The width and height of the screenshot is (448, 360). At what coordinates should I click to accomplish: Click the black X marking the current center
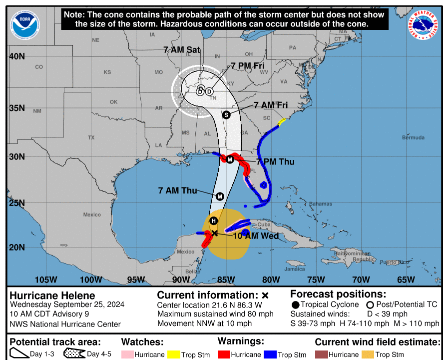coord(214,233)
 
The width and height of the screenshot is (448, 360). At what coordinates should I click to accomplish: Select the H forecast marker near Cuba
coord(214,221)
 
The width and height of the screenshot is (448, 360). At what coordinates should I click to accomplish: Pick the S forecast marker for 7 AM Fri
coord(226,114)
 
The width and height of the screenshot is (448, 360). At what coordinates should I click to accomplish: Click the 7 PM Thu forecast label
coord(275,162)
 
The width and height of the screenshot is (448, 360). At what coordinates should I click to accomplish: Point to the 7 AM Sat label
coord(181,49)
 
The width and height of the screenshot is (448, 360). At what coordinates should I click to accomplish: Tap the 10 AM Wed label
coord(256,236)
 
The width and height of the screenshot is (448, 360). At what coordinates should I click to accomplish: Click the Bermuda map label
coord(414,137)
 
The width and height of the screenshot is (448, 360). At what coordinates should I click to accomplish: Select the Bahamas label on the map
coord(320,204)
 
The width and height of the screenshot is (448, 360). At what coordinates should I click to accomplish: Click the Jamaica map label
coord(294,269)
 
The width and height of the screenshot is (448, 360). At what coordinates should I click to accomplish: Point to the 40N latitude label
coord(17,56)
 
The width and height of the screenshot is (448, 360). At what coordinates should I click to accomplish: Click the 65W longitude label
coord(406,279)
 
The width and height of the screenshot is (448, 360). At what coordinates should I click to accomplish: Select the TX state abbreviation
coord(91,137)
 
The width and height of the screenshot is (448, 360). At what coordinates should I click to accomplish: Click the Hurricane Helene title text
coord(52,295)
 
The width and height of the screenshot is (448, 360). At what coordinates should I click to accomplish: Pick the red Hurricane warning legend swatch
coord(226,354)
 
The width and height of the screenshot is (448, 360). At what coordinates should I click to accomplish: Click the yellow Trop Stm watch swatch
coord(173,354)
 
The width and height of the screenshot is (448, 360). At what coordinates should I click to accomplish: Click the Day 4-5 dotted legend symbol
coord(74,354)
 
